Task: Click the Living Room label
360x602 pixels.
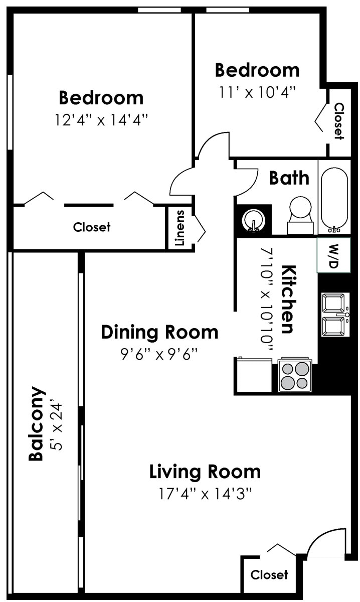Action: coord(205,472)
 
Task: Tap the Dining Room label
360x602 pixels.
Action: coord(159,332)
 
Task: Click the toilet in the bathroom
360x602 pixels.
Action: coord(300,215)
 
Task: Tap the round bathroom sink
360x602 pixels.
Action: coord(254,220)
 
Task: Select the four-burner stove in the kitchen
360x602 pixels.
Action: coord(295,375)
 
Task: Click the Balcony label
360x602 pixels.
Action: coord(36,424)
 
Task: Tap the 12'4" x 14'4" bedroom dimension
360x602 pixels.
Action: coord(101,120)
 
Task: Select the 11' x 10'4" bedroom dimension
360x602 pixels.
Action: coord(257,93)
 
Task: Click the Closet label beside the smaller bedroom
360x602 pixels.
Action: coord(339,121)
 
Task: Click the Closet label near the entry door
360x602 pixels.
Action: coord(269,575)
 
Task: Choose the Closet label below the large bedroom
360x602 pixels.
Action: coord(92,227)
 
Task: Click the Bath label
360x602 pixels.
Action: coord(289,178)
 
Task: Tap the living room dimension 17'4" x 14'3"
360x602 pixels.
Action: coord(205,494)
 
